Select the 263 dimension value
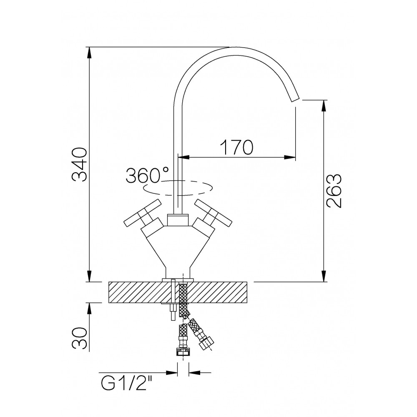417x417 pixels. [334, 191]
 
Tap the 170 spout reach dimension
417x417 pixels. [236, 147]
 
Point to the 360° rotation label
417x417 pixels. [147, 175]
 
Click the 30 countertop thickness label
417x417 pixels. [80, 338]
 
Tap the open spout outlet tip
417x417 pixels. [295, 99]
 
